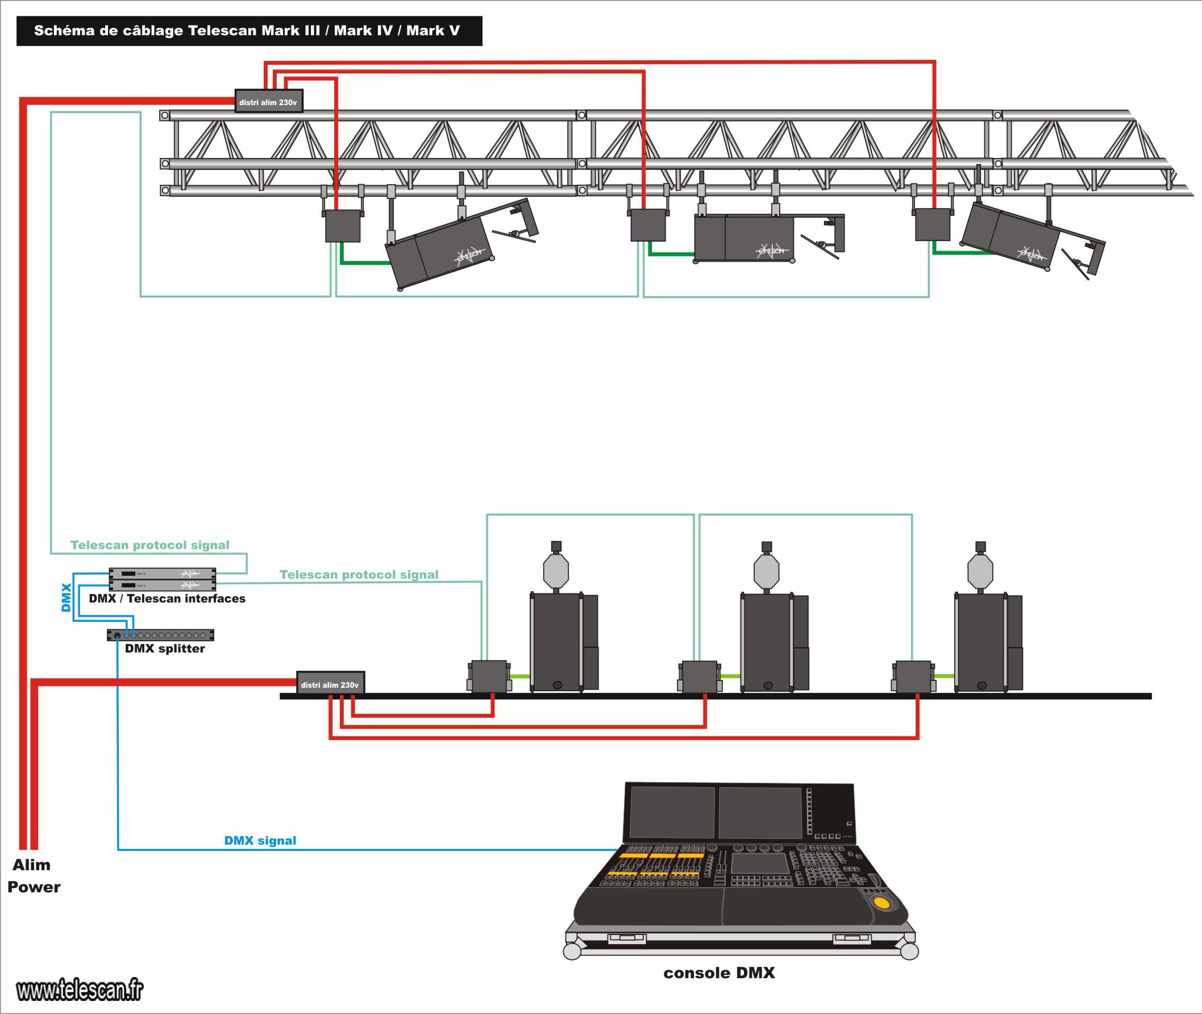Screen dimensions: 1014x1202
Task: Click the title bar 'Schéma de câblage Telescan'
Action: tap(248, 31)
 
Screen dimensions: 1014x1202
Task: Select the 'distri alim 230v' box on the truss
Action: tap(268, 102)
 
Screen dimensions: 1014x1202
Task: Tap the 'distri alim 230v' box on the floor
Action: tap(330, 684)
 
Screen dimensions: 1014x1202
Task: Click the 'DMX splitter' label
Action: tap(164, 649)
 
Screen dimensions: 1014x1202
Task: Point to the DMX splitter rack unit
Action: tap(160, 635)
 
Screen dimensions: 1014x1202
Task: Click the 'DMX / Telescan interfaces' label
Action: tap(167, 599)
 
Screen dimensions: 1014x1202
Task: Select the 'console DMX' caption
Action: tap(718, 973)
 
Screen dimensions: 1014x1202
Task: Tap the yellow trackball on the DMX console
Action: tap(881, 903)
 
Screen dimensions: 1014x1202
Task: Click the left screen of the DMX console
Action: tap(672, 812)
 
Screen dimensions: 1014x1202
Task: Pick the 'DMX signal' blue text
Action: tap(260, 841)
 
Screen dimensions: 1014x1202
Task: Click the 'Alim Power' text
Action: tap(34, 875)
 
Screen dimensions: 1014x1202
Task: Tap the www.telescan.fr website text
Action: tap(80, 990)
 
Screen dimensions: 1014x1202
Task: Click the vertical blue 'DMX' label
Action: tap(66, 597)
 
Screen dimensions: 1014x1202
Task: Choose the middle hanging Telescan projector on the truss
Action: tap(745, 238)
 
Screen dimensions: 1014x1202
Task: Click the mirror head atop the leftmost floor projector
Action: tap(556, 569)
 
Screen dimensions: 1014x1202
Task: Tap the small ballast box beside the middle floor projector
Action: tap(699, 676)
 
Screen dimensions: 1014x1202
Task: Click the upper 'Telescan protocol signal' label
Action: tap(149, 545)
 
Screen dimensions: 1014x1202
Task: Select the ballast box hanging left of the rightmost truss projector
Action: tap(932, 224)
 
